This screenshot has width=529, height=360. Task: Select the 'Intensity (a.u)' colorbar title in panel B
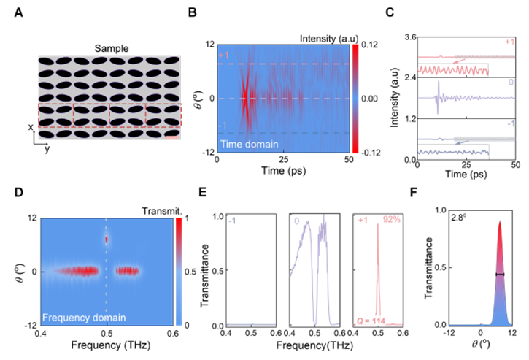click(x=325, y=36)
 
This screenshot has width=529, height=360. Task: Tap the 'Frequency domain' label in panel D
click(x=85, y=317)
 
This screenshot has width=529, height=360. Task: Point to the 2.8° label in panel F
click(x=441, y=218)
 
